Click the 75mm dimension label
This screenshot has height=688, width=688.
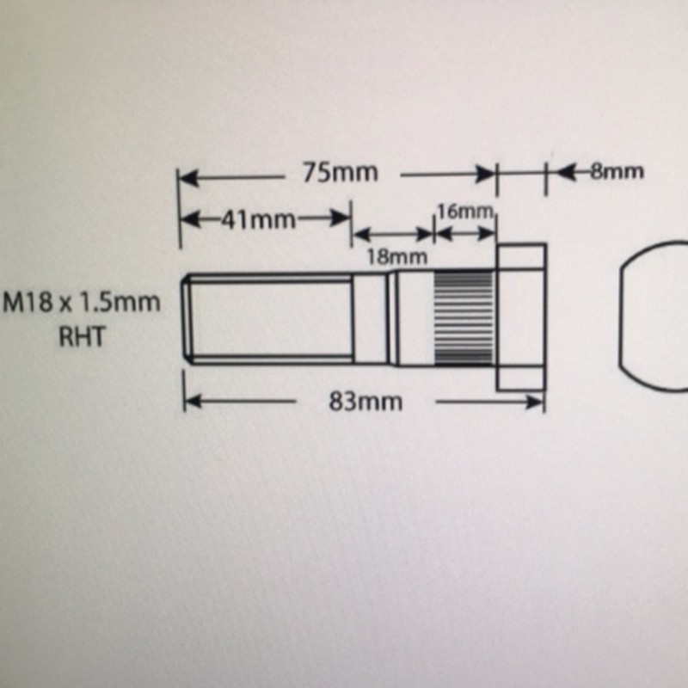[340, 173]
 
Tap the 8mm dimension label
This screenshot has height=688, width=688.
[617, 171]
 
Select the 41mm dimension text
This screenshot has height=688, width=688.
[258, 219]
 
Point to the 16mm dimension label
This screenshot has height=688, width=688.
[464, 212]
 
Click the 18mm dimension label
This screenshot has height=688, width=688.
[397, 257]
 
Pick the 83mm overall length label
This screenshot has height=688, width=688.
[365, 402]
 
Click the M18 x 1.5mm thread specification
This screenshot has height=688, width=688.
[82, 303]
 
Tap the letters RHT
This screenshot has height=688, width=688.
[82, 337]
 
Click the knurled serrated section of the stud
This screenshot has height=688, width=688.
[464, 319]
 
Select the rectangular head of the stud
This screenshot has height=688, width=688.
[521, 316]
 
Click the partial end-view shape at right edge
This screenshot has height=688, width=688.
[653, 316]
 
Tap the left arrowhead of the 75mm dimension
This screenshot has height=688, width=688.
[189, 179]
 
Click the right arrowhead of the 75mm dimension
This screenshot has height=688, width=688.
[486, 175]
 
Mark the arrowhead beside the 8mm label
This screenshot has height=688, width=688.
[566, 171]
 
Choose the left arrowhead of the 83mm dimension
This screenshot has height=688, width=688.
[193, 401]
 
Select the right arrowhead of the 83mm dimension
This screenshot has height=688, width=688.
[535, 402]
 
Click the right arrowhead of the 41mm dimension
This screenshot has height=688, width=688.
[341, 218]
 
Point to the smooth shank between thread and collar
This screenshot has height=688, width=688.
[371, 319]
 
